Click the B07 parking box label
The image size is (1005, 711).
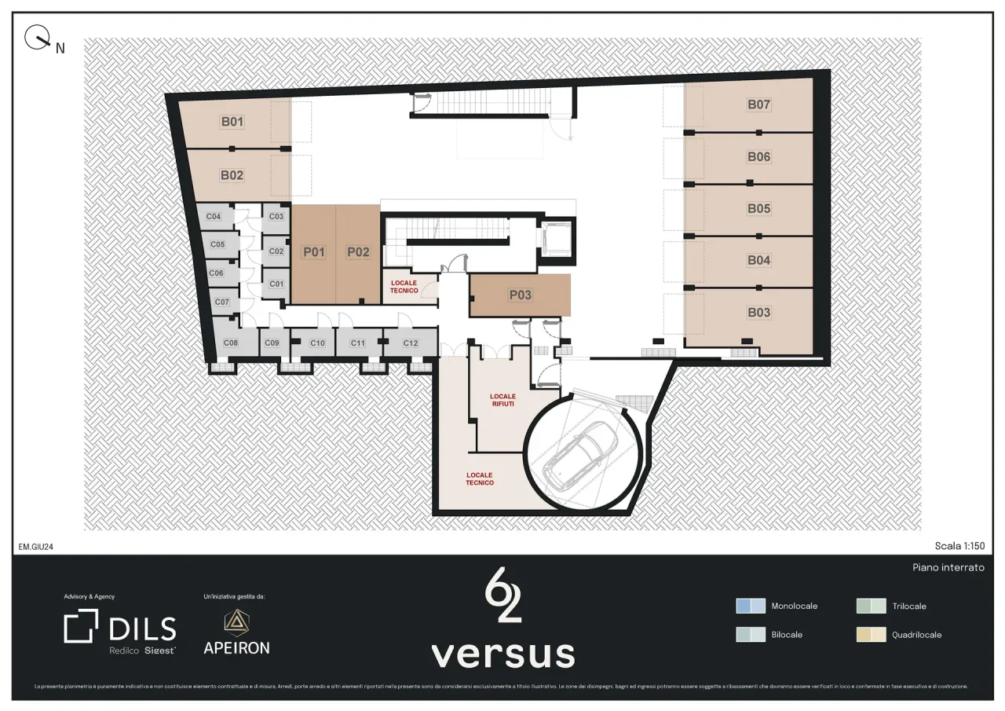coord(758,104)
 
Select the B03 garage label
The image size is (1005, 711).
coord(758,313)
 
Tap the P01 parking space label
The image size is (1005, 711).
coord(313,252)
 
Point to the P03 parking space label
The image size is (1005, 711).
coord(520,295)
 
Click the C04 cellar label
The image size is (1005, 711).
coord(213,217)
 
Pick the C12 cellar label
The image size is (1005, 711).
coord(411,343)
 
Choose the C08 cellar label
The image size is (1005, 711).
coord(231,343)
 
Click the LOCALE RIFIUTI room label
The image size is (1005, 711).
coord(502,400)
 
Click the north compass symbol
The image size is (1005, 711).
coord(36,37)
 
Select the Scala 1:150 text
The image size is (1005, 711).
coord(959,546)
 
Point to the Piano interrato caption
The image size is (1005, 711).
coord(948,567)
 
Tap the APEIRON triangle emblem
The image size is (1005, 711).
coord(236,621)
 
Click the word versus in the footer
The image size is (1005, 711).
coord(502,654)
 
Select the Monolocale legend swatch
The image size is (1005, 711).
coord(750,606)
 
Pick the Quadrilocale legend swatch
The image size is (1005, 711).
coord(871,634)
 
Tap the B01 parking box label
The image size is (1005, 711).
coord(232,122)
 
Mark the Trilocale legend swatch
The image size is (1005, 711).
coord(871,606)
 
